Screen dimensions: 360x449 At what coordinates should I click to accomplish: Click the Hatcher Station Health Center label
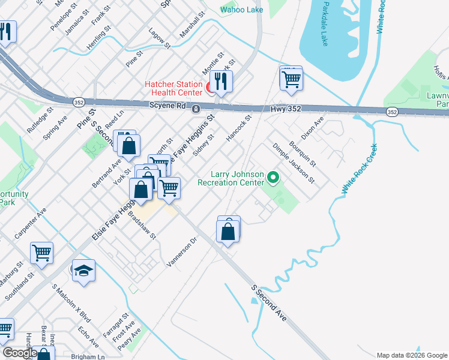174,88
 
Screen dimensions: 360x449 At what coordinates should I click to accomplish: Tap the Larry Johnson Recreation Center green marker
273,177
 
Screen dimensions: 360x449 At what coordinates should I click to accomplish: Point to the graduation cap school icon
83,271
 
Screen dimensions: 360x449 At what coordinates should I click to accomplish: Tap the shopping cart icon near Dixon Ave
291,79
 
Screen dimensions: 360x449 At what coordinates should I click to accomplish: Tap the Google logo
20,353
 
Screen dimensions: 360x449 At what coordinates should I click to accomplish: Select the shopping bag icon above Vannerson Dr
228,230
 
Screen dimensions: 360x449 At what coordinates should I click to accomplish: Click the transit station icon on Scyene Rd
196,109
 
